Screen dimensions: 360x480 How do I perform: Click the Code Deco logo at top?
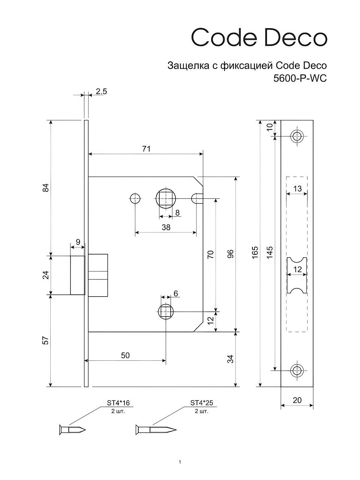pos(259,37)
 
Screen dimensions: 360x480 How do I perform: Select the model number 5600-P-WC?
pos(300,78)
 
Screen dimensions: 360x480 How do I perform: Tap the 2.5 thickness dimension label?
pos(101,91)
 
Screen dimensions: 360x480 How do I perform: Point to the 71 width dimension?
pos(146,149)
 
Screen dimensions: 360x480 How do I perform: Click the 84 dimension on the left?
pos(46,188)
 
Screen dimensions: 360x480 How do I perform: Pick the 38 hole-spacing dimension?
pos(166,227)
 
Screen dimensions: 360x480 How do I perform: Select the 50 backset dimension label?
pos(125,355)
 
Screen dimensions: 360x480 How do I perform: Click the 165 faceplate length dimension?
pos(255,253)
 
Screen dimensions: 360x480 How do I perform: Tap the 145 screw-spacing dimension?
pos(270,253)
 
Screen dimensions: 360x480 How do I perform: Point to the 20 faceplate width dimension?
pos(297,400)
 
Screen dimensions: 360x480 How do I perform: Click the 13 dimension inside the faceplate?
pos(297,189)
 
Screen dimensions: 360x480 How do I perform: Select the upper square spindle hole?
pos(166,199)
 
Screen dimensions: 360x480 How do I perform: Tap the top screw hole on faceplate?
pos(297,136)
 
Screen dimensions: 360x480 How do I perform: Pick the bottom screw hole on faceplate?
pos(297,370)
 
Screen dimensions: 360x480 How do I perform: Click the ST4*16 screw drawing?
pos(73,430)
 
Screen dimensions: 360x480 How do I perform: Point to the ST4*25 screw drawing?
pos(156,430)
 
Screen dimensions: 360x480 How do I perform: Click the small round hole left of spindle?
pos(135,199)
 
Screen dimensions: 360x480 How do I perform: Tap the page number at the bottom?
pos(180,462)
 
